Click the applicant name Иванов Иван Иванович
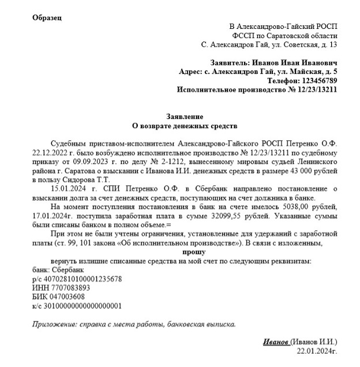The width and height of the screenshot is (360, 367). (294, 62)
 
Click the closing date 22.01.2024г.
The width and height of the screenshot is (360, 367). (316, 351)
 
